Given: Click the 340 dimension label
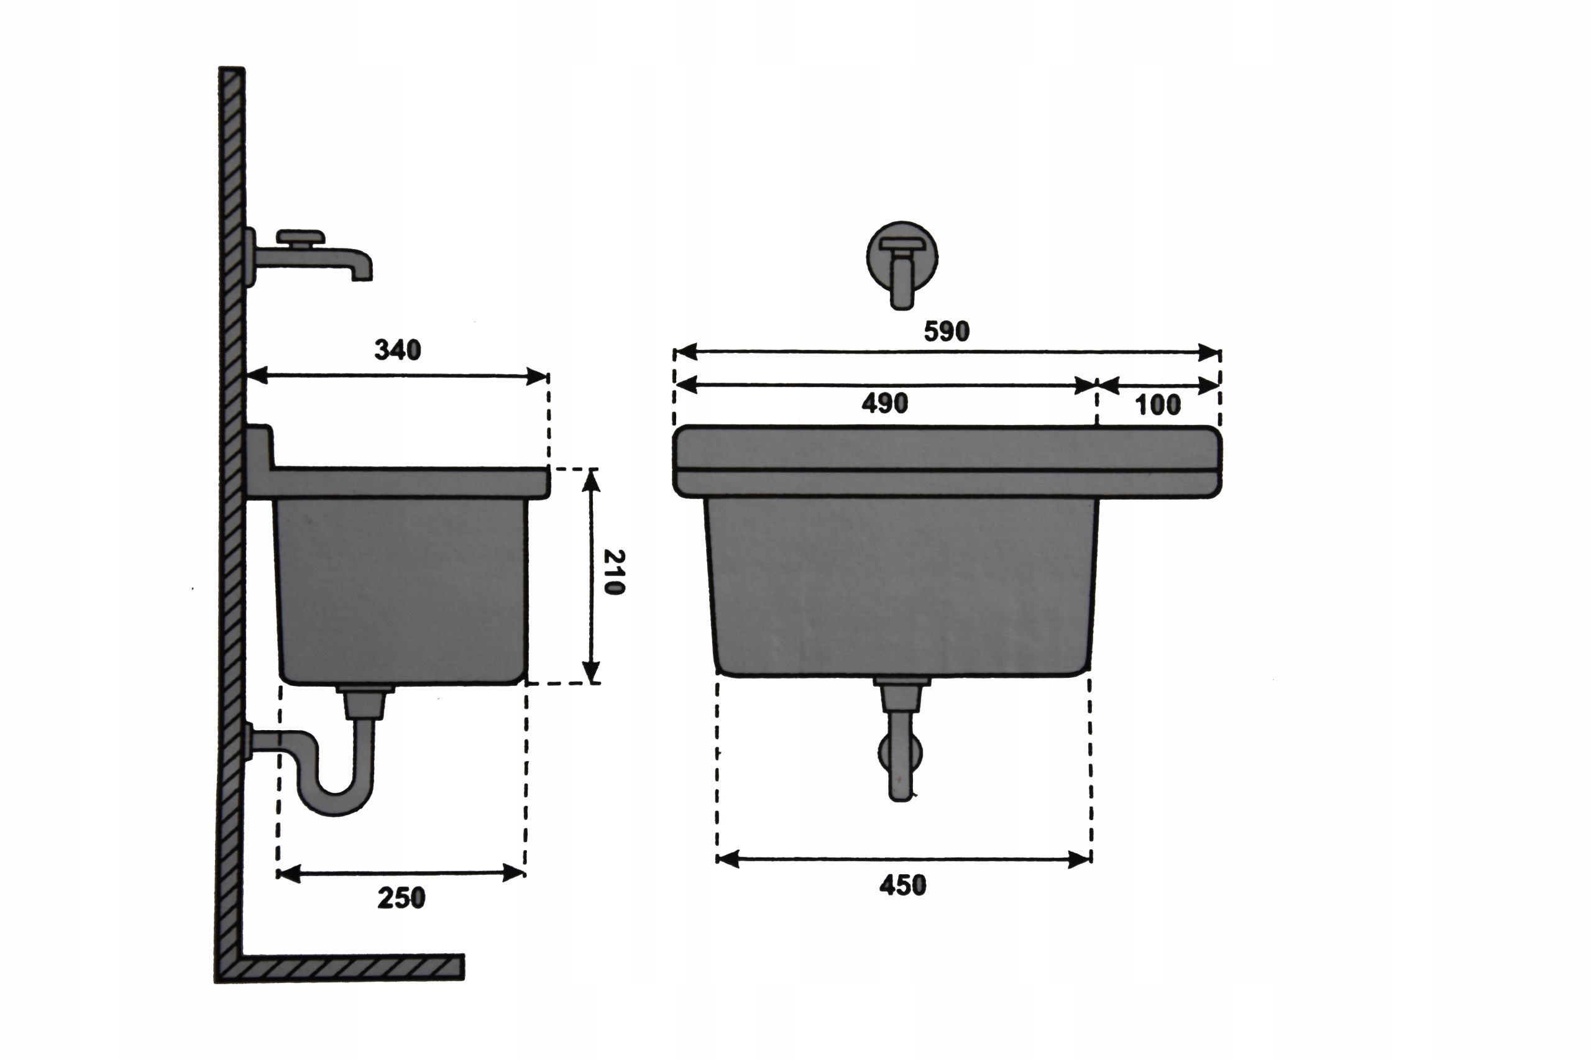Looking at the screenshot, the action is [x=398, y=350].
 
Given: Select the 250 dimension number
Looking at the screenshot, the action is [x=401, y=898].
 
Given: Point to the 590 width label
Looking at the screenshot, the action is [x=947, y=331].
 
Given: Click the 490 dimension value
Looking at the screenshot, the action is [x=884, y=404].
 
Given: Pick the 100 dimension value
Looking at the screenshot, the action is [x=1158, y=405].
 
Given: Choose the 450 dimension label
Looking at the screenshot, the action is [x=902, y=885].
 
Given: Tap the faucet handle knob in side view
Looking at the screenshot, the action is [x=301, y=237].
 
